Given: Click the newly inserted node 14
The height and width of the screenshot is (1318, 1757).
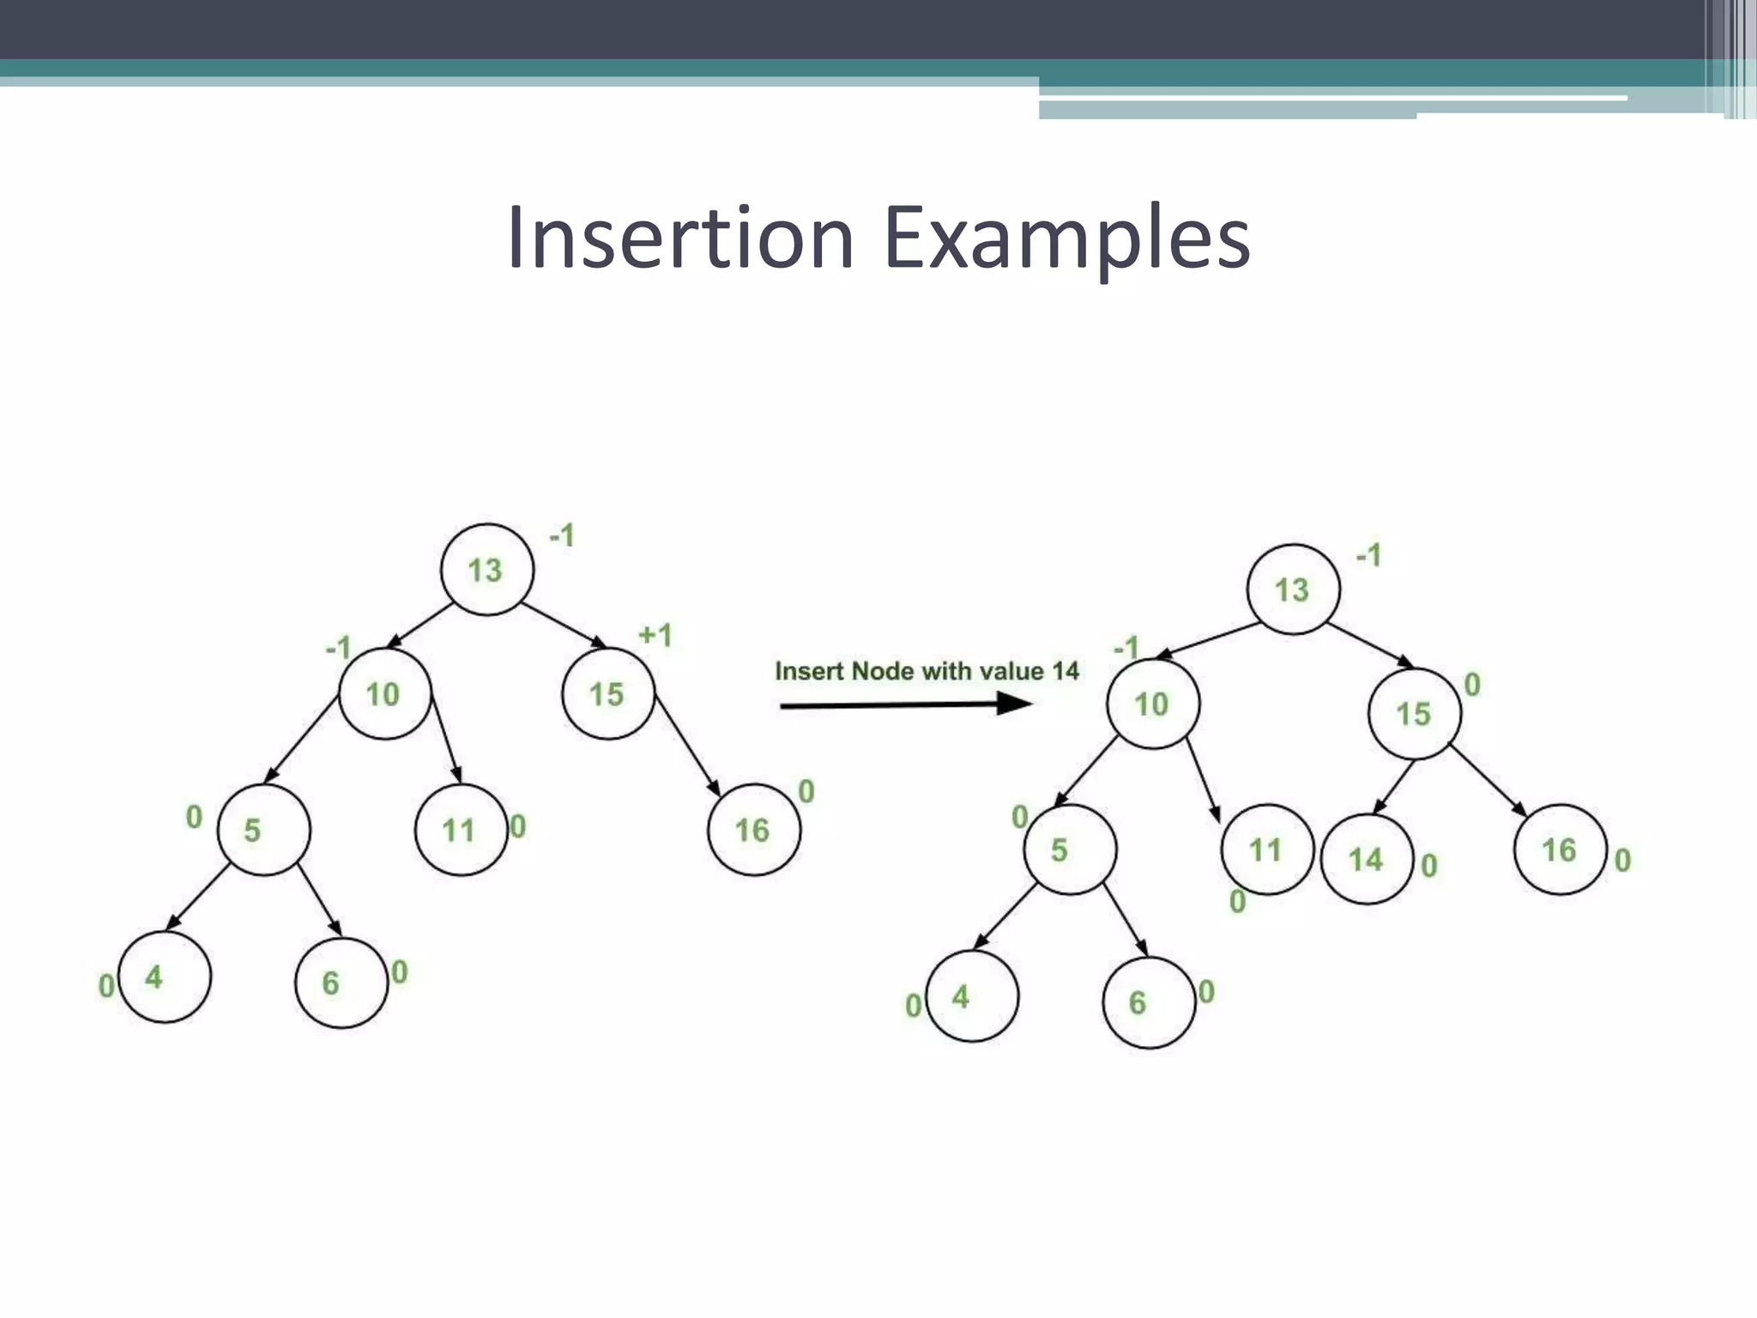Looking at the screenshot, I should click(1367, 859).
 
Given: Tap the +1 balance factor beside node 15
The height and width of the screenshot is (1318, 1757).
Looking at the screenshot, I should click(655, 636).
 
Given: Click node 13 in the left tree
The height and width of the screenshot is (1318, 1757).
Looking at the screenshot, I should click(486, 570).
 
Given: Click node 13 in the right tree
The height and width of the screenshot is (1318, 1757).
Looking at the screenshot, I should click(1293, 589).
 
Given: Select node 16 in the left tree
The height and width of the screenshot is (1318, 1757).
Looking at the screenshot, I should click(754, 830).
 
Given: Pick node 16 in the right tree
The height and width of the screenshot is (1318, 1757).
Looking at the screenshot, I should click(1560, 849).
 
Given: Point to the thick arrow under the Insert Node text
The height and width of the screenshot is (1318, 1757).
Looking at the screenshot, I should click(905, 705).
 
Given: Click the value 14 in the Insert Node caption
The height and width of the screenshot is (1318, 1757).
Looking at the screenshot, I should click(1065, 671).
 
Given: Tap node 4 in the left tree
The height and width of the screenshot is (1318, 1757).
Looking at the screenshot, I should click(164, 977).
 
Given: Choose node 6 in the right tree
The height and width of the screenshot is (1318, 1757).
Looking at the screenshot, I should click(1149, 1002).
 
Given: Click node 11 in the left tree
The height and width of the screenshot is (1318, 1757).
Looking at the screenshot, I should click(461, 830).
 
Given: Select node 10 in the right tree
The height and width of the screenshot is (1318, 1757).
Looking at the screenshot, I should click(1152, 704).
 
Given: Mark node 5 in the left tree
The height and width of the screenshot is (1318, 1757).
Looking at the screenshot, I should click(263, 830).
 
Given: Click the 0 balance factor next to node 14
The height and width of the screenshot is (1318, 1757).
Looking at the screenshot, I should click(1428, 866).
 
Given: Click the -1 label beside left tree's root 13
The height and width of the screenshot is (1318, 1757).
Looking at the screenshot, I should click(562, 536).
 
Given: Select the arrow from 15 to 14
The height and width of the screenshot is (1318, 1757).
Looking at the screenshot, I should click(1393, 787).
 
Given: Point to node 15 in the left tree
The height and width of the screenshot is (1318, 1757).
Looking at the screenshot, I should click(608, 694).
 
